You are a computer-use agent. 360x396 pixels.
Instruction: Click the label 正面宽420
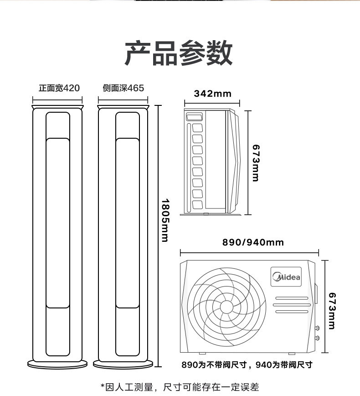59,88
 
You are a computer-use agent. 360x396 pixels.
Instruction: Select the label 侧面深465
123,88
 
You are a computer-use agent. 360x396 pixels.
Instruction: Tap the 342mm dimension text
213,94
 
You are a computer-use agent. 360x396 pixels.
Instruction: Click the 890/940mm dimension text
253,242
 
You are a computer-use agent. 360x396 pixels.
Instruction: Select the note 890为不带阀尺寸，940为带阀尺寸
247,365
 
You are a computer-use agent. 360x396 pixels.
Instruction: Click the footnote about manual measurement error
180,387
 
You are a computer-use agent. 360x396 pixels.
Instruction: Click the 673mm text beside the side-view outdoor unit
255,163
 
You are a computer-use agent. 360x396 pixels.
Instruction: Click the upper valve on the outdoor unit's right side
317,328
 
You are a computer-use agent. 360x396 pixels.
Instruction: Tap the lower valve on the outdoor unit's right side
317,338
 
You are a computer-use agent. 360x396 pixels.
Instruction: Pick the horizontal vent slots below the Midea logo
291,305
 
